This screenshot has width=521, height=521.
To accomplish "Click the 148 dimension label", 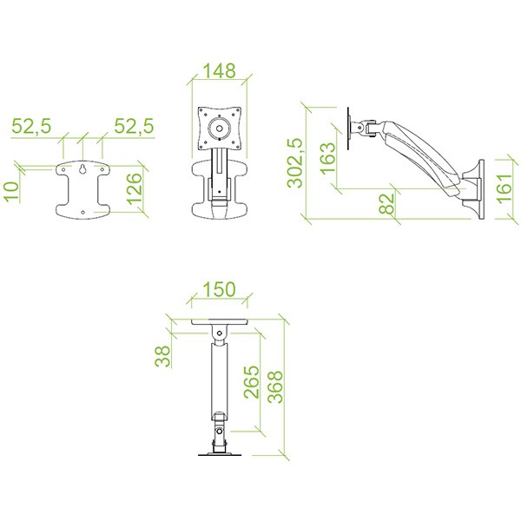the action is coord(219,71).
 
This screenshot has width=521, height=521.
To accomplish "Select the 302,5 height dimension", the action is coord(295,163).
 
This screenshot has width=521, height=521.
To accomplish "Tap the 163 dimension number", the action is coord(327,158).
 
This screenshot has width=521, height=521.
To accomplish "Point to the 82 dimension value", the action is coord(386,204).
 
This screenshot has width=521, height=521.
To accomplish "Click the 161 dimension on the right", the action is coord(504,188).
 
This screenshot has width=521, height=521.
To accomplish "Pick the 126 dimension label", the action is coord(135,188).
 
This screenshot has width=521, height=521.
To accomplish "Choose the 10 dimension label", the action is coord(11,192).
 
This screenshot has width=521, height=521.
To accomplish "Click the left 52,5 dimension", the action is coord(31,126).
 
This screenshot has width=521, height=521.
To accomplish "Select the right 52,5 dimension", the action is coord(134,126).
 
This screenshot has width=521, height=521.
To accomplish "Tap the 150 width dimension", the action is coord(220,289).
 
